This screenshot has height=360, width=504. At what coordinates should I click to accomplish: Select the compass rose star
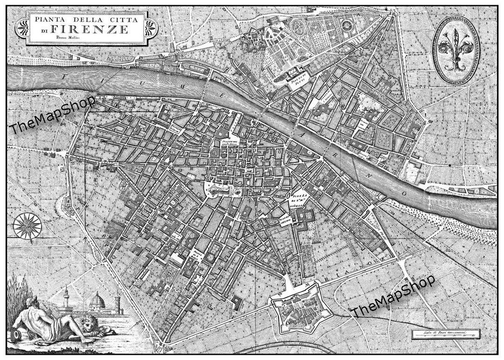tap(27, 226)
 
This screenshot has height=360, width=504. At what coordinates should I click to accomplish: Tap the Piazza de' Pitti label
tap(296, 79)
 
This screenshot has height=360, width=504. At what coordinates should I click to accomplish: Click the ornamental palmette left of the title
tap(23, 29)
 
